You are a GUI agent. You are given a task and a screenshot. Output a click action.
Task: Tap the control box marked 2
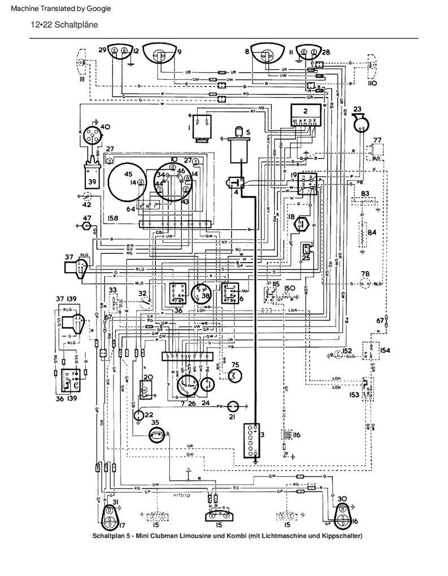[x=305, y=117]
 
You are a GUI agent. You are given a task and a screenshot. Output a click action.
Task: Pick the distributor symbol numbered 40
[x=90, y=135]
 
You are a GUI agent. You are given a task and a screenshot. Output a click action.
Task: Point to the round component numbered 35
[x=156, y=434]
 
